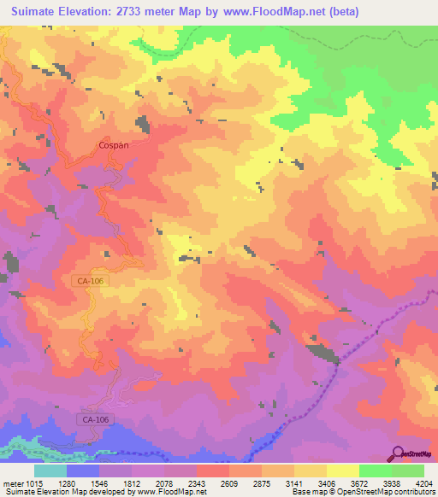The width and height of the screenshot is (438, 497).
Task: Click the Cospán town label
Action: [114, 145]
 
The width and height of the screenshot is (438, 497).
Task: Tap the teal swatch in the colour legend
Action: [50, 471]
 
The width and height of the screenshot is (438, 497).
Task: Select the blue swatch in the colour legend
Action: [83, 471]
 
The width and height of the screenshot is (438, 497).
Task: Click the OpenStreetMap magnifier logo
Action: [400, 453]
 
